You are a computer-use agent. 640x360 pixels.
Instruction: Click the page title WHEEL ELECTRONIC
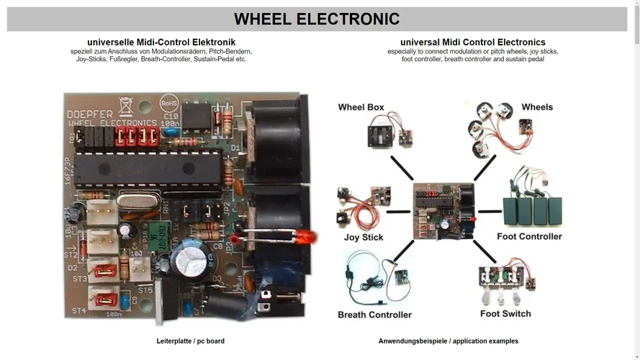pyautogui.click(x=317, y=19)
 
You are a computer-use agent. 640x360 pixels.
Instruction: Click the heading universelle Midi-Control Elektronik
pyautogui.click(x=161, y=42)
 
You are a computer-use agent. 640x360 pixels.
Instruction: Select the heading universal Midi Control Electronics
pyautogui.click(x=472, y=42)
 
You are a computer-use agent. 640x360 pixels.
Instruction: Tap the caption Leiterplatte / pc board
pyautogui.click(x=190, y=341)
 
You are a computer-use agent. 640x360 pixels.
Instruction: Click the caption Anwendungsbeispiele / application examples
pyautogui.click(x=448, y=341)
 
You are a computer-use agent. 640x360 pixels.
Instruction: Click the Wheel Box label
pyautogui.click(x=361, y=107)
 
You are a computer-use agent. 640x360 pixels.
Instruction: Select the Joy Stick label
pyautogui.click(x=364, y=238)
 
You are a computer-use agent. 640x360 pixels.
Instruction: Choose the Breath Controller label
pyautogui.click(x=374, y=315)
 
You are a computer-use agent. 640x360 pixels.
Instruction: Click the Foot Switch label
pyautogui.click(x=505, y=314)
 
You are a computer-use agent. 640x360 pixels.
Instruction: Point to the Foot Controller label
pyautogui.click(x=529, y=237)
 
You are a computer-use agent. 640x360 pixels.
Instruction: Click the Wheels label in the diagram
pyautogui.click(x=537, y=107)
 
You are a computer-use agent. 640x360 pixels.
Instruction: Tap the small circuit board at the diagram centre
pyautogui.click(x=443, y=210)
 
